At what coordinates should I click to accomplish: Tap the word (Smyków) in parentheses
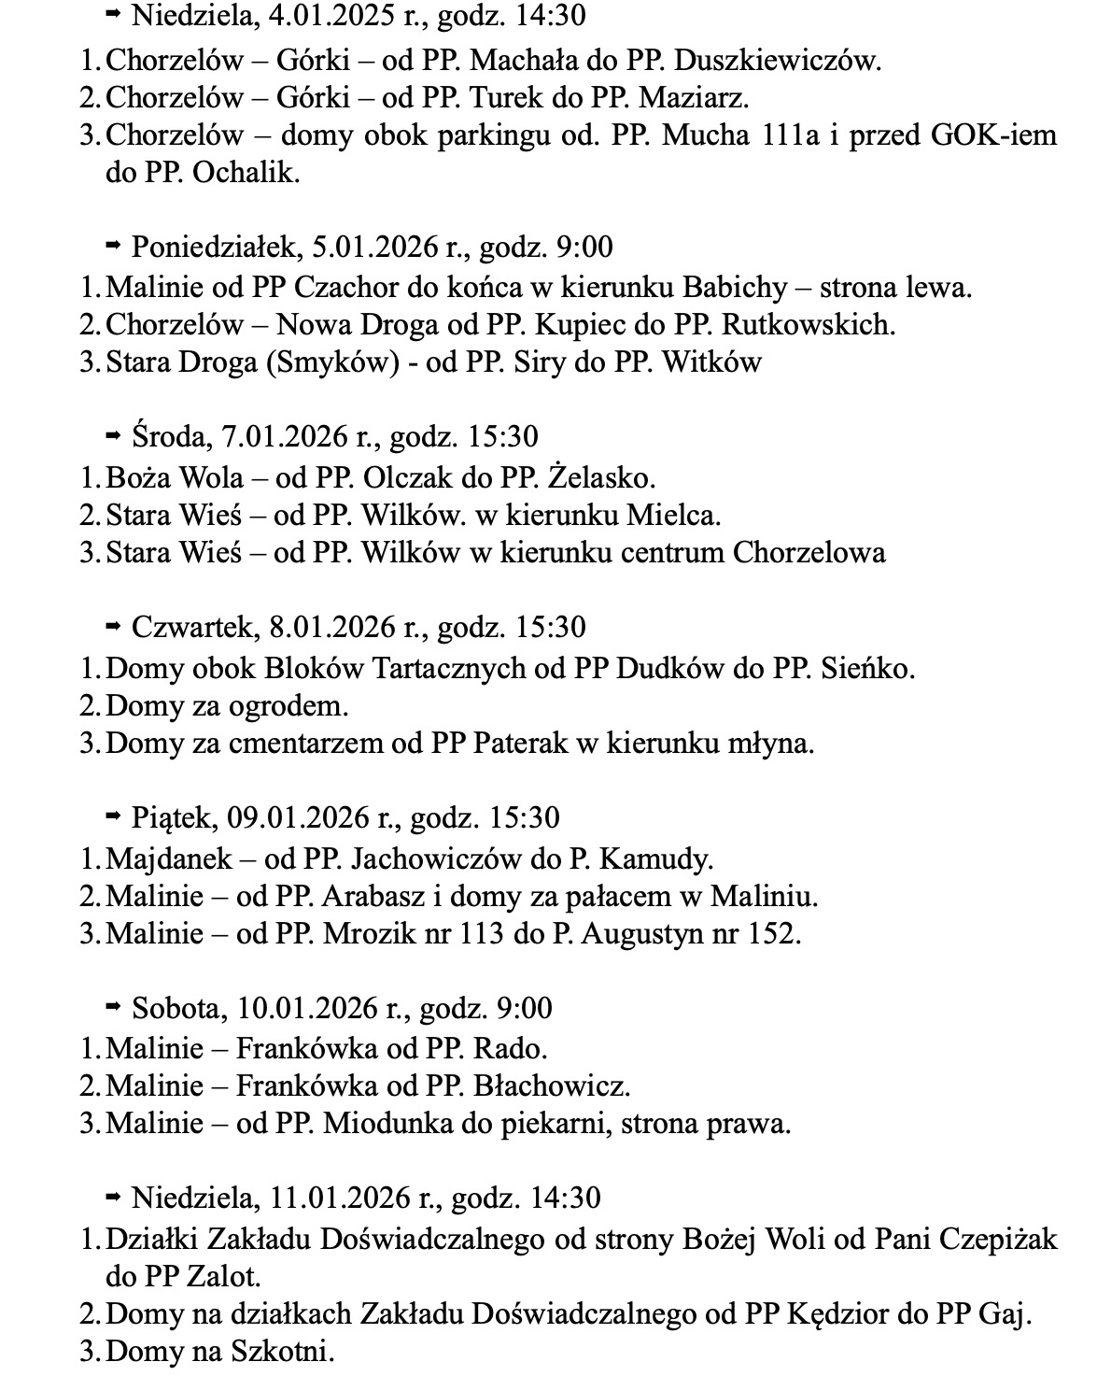point(326,362)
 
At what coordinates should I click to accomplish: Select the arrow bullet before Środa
point(114,436)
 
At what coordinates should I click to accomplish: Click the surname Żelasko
point(601,477)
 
